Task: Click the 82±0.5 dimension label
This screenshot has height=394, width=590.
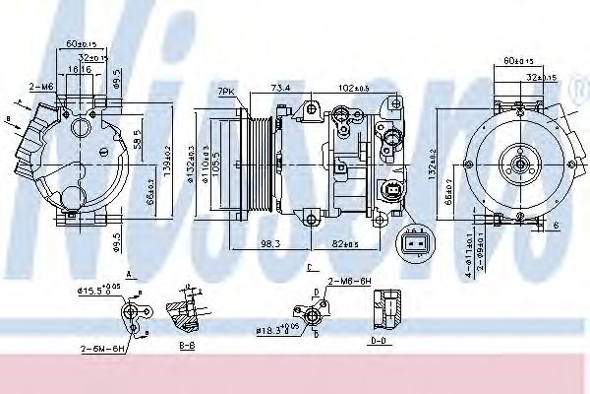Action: [x=351, y=244]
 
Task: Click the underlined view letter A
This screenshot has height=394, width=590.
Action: [x=129, y=276]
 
